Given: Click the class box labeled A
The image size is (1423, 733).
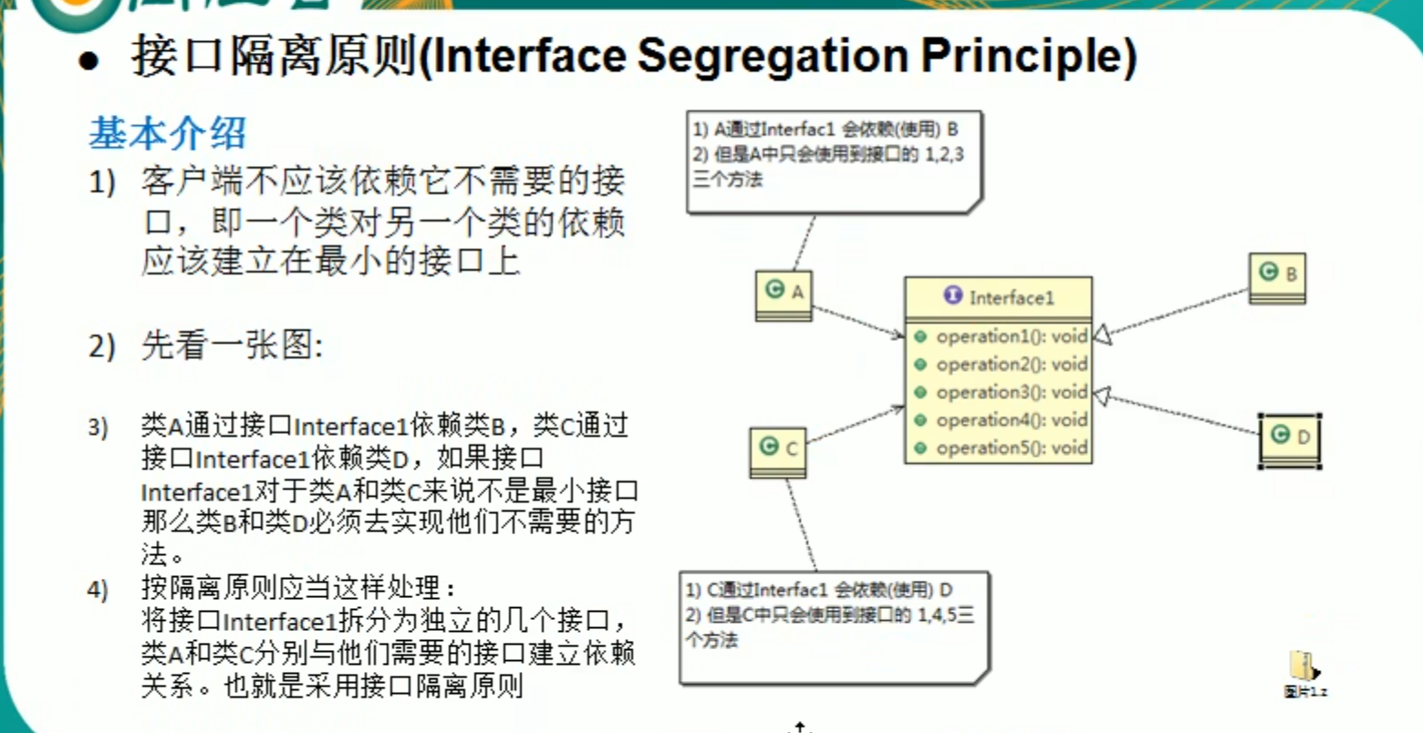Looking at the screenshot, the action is (x=784, y=294).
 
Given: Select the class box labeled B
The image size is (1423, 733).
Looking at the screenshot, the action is (x=1278, y=276).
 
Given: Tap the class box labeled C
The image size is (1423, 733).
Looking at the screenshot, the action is (x=778, y=451).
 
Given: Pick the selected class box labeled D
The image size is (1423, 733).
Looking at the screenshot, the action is (x=1290, y=439).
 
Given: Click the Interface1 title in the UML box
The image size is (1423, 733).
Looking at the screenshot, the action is (x=1011, y=298).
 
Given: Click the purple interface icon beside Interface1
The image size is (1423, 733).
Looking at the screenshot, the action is (x=953, y=296).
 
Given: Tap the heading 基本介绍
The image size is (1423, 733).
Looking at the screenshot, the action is (x=167, y=134).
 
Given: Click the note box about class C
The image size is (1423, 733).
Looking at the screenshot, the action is (x=834, y=627).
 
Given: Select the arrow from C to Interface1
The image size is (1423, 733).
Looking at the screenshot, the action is (x=854, y=427).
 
